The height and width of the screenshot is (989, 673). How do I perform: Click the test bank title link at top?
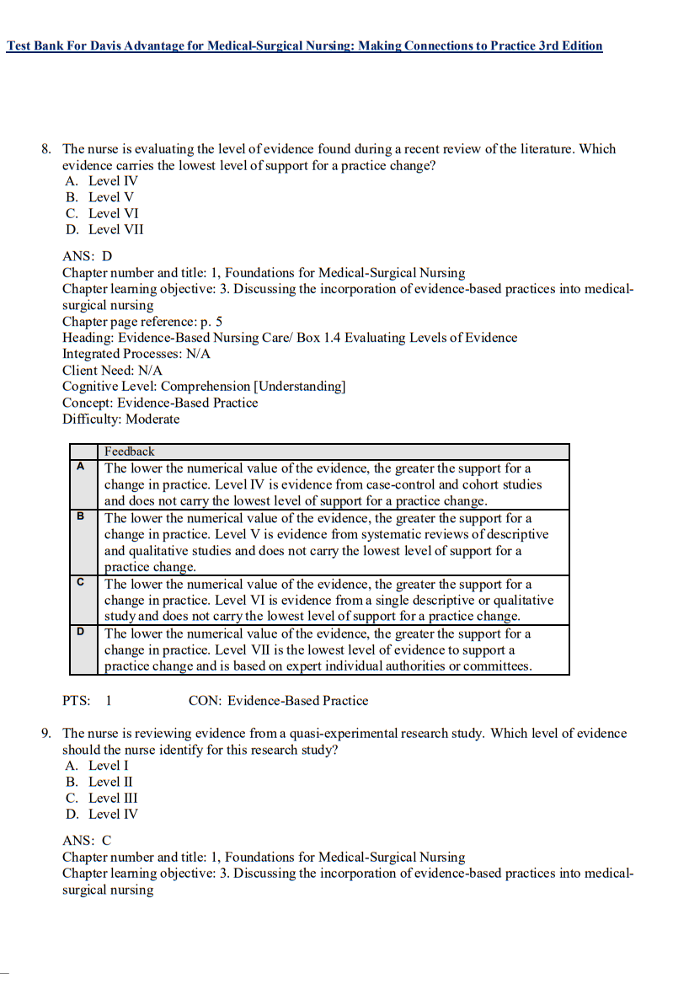[x=304, y=45]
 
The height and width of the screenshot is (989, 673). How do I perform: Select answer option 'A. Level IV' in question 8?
[x=102, y=180]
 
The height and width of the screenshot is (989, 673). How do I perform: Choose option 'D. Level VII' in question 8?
[x=104, y=229]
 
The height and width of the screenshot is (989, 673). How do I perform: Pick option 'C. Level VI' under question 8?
[x=102, y=213]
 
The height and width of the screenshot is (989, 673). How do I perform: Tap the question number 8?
[x=46, y=149]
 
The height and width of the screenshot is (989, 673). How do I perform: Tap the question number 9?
[x=46, y=734]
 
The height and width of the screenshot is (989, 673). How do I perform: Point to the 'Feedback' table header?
[x=130, y=452]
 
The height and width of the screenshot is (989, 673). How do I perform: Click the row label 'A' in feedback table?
[x=81, y=466]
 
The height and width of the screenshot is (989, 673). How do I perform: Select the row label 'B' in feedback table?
[x=81, y=516]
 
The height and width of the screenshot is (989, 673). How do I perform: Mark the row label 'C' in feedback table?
[x=81, y=582]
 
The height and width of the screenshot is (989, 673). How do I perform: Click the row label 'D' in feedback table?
[x=81, y=632]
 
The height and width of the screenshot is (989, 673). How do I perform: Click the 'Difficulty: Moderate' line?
[x=120, y=419]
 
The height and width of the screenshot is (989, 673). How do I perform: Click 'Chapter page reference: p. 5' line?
[x=142, y=321]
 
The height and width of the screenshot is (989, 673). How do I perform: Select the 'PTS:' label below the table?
[x=77, y=700]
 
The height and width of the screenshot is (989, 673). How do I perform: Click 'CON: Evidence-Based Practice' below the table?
[x=278, y=700]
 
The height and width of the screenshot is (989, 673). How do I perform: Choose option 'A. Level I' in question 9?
[x=97, y=766]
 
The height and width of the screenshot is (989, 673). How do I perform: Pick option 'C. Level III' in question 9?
[x=101, y=798]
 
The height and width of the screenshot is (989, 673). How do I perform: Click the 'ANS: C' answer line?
[x=87, y=841]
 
